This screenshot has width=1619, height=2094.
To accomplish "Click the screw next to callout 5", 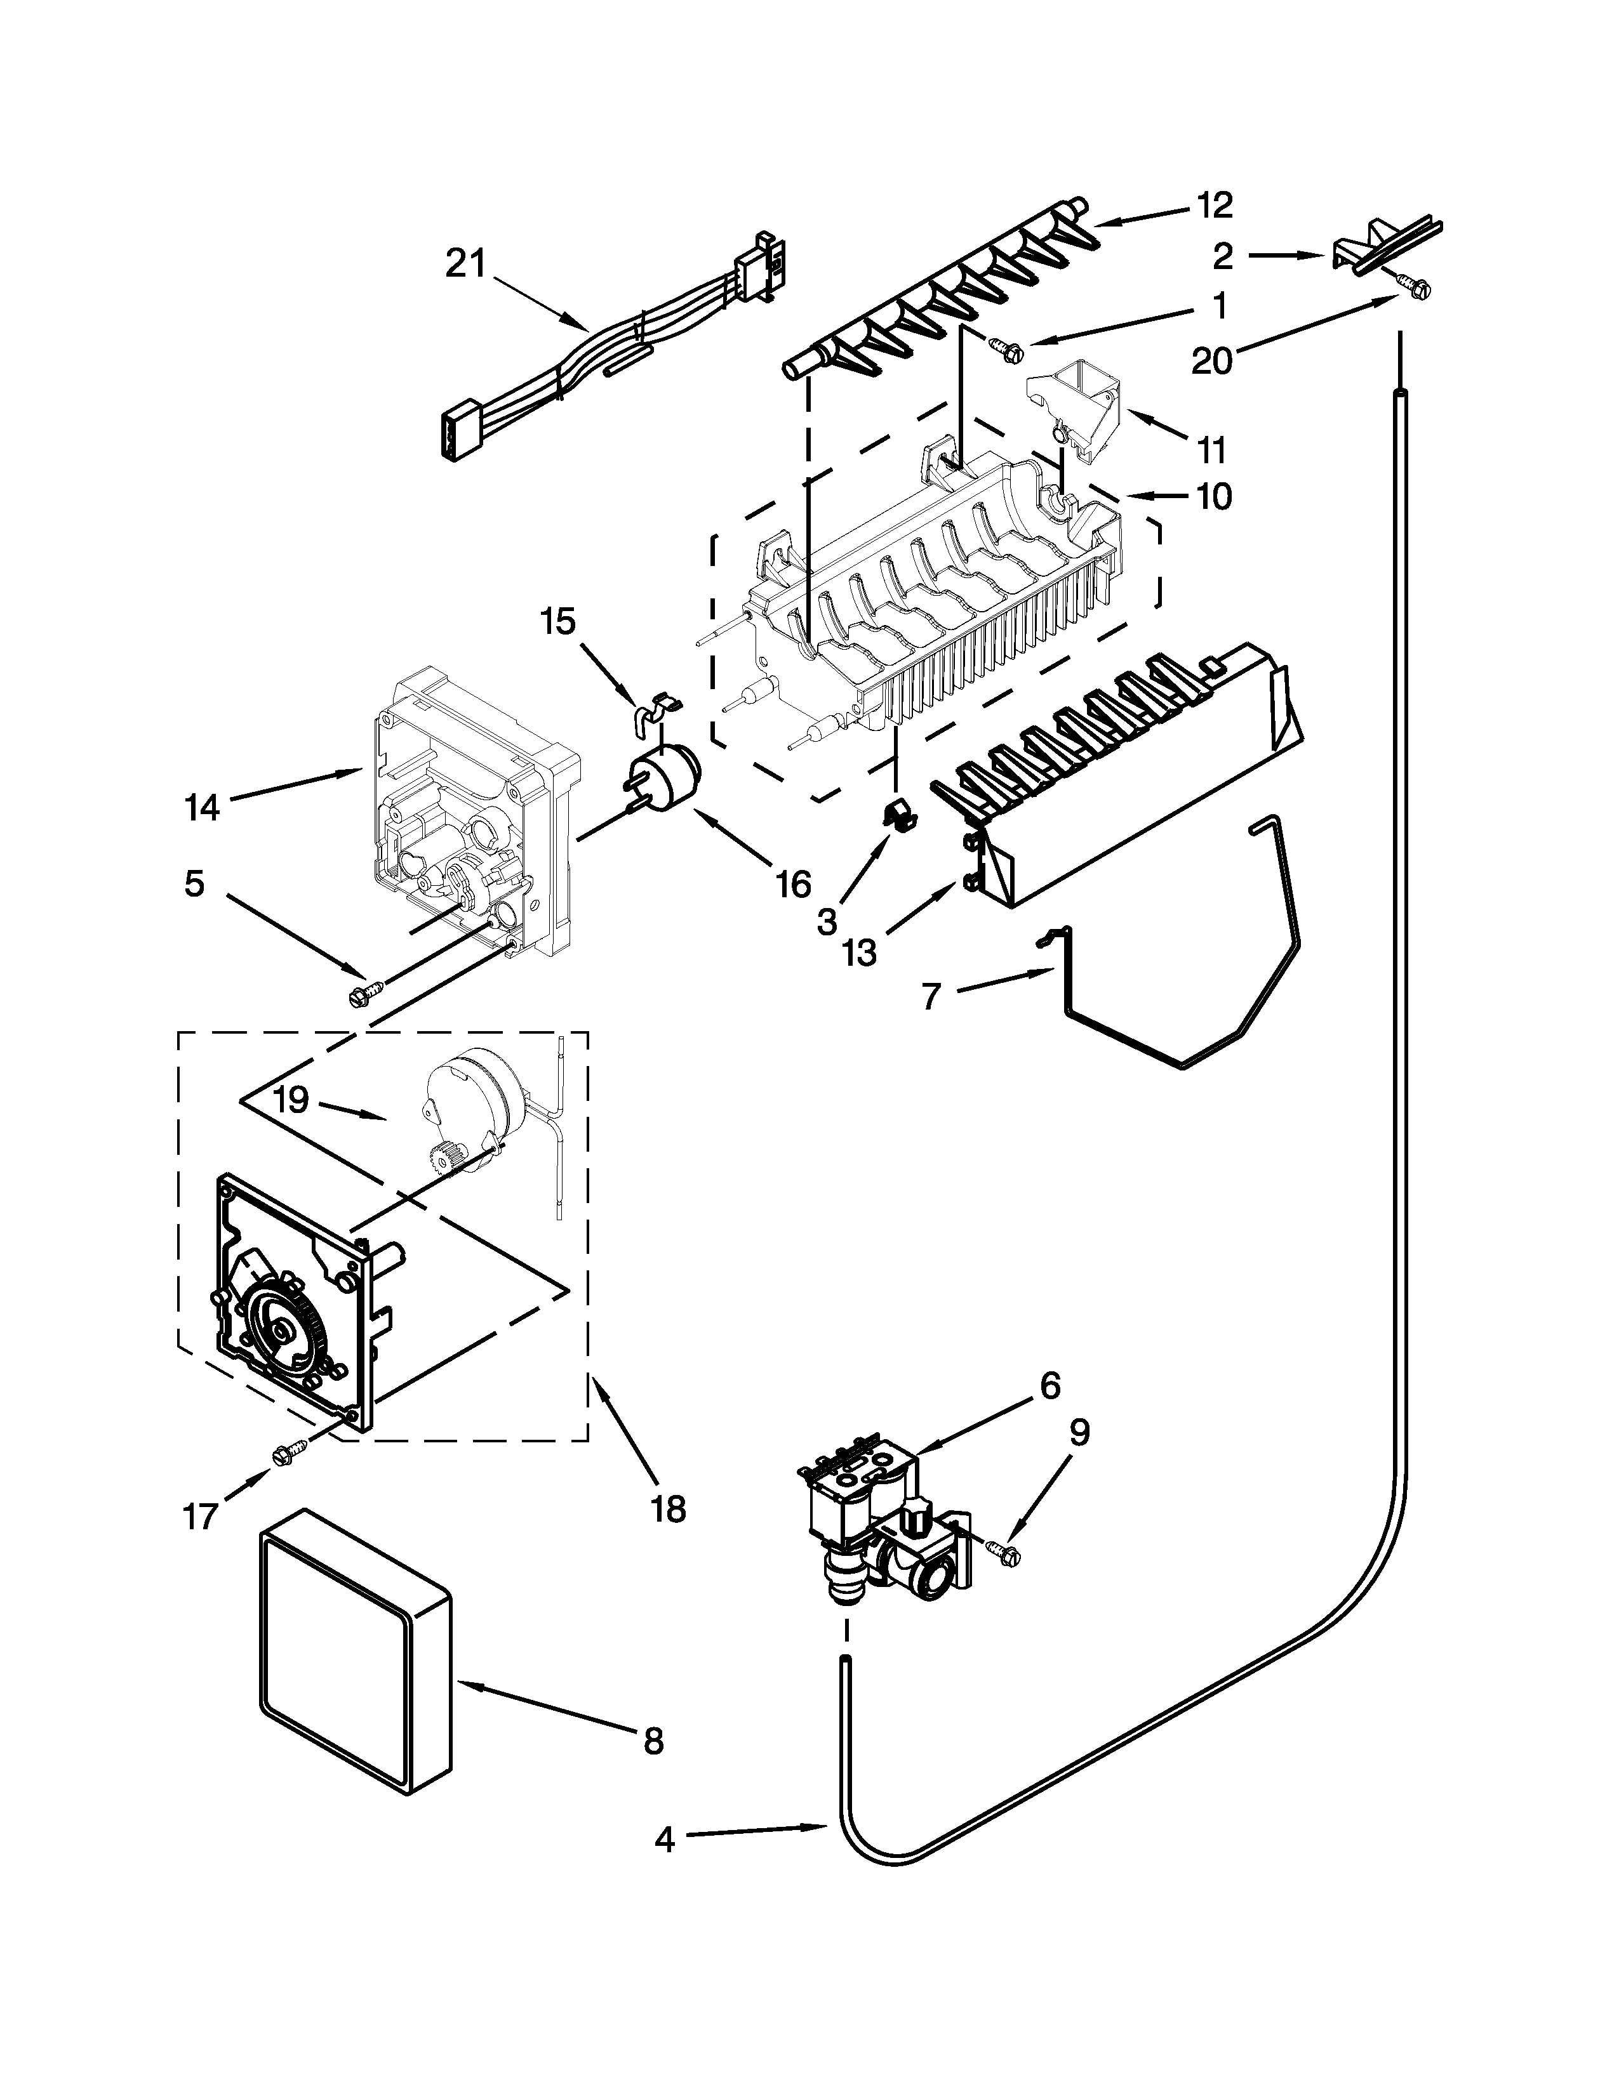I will [x=366, y=993].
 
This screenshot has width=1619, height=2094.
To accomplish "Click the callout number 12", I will [x=1214, y=204].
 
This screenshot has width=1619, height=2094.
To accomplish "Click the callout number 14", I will [x=203, y=807].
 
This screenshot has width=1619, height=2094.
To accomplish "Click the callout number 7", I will [x=932, y=997].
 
